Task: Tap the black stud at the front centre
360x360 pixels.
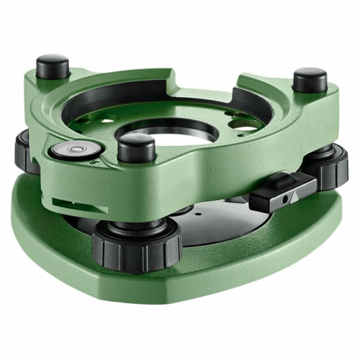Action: pyautogui.click(x=136, y=148)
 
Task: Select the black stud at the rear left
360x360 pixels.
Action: pyautogui.click(x=53, y=67)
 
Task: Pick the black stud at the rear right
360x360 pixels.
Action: pyautogui.click(x=310, y=79)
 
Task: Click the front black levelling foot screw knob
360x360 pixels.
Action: pyautogui.click(x=137, y=245)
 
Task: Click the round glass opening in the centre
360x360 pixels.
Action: pyautogui.click(x=173, y=133)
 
